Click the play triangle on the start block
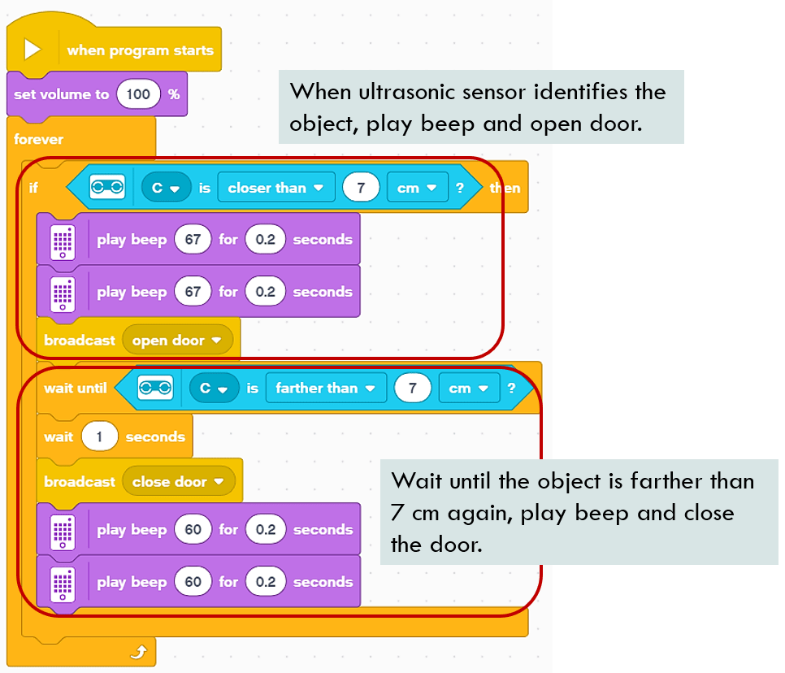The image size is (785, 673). coord(32,50)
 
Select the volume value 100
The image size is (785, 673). coord(138,94)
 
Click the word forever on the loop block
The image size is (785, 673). coord(38,139)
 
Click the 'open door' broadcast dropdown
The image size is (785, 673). coord(177,341)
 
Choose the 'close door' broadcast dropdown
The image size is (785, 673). coord(178,482)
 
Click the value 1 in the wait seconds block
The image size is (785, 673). coord(100,436)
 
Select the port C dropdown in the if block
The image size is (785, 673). coord(166,188)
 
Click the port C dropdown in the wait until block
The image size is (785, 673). coord(213,389)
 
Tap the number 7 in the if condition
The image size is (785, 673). coord(360,188)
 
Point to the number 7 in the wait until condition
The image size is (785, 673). coord(413,389)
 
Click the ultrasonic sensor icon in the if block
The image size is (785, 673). coord(107,188)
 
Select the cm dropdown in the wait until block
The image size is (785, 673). coord(467,389)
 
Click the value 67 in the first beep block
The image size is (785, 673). coord(193,240)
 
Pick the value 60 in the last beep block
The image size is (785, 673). coord(193,582)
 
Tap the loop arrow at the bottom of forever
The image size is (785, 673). coord(139,651)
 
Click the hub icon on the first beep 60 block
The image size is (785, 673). coord(63,530)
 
